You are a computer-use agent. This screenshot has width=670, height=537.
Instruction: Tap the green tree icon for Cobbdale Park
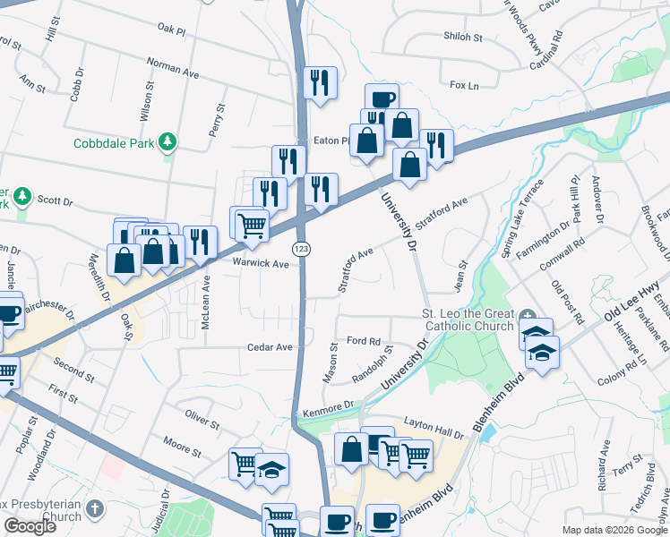click(x=167, y=141)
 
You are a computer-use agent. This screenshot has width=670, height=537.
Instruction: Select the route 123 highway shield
click(x=300, y=248)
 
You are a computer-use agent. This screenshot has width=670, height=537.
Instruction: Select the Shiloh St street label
click(x=463, y=38)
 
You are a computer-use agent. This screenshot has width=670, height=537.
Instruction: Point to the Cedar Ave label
click(x=271, y=347)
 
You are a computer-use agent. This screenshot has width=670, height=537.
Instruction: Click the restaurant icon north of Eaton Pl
click(x=320, y=82)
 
